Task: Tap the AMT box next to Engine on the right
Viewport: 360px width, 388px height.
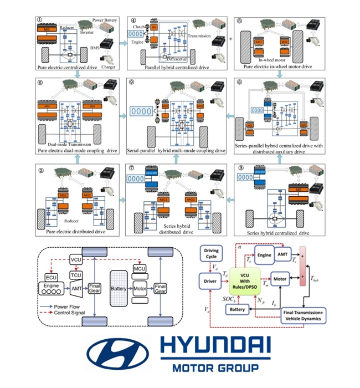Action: pos(287,256)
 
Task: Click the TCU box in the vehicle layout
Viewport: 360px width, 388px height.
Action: pos(76,275)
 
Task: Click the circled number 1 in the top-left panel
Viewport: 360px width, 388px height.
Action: pos(40,22)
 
